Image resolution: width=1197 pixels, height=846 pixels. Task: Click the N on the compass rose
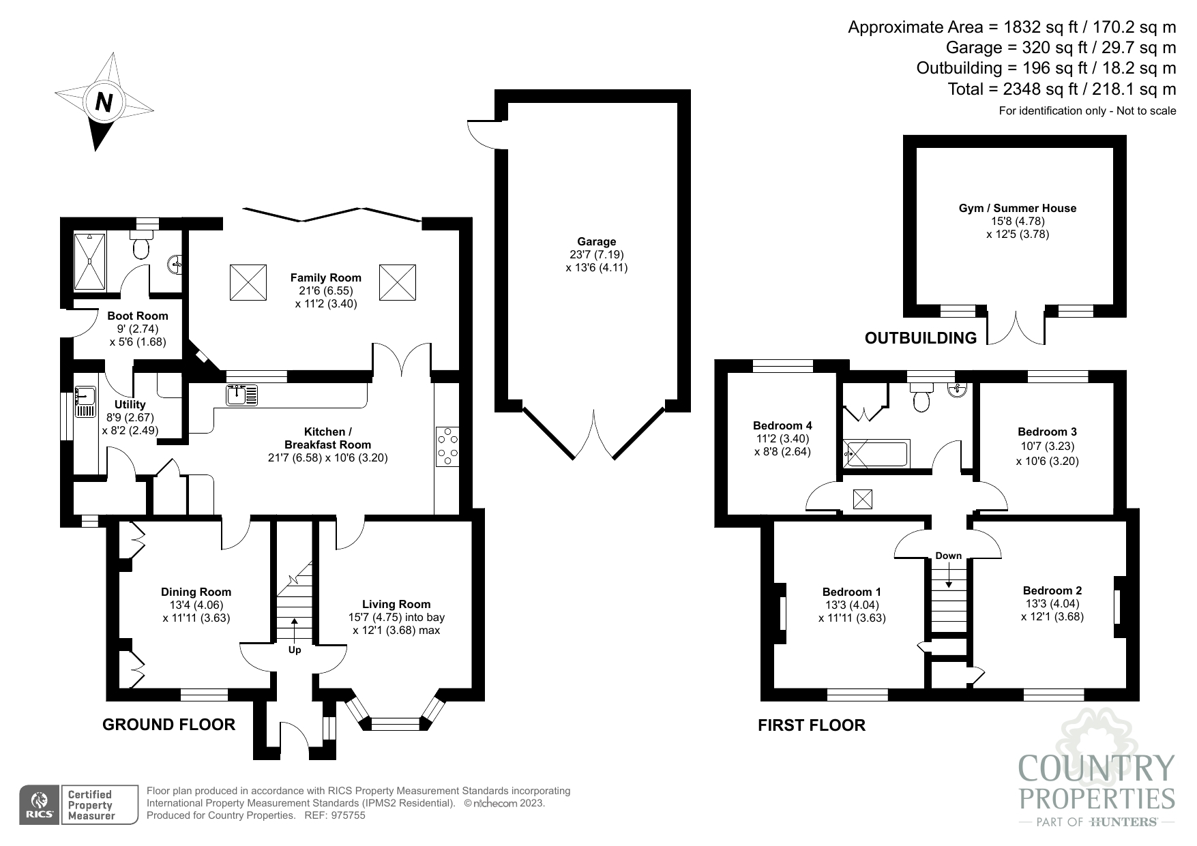(x=104, y=102)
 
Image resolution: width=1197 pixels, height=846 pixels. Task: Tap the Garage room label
(x=596, y=241)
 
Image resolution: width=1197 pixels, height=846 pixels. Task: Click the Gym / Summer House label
(x=1017, y=208)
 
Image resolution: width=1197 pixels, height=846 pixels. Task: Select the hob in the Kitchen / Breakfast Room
(x=447, y=446)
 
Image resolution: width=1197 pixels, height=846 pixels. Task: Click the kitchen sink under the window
(x=241, y=395)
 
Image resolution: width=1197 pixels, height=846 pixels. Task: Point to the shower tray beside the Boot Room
(x=90, y=262)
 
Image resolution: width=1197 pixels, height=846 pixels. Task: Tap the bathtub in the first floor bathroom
(x=876, y=454)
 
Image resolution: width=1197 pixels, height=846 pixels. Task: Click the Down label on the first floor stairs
(x=948, y=556)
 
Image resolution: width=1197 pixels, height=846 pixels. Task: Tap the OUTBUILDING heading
(x=920, y=337)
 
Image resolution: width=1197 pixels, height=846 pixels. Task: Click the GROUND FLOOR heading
(x=168, y=725)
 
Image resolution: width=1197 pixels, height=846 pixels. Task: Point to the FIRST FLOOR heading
(x=811, y=725)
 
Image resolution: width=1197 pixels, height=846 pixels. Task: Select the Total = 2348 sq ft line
(x=1061, y=89)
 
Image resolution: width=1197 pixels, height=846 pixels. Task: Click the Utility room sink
(x=85, y=402)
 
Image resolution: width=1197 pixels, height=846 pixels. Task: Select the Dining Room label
(x=196, y=592)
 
